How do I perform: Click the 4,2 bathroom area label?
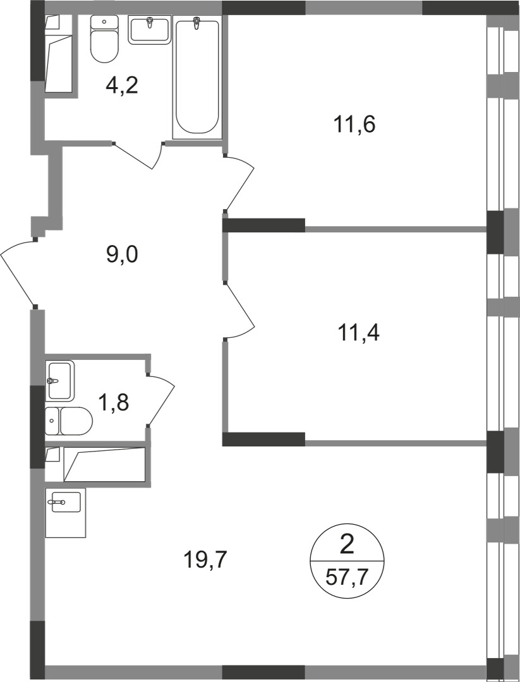coord(121,85)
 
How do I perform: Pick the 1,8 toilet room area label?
coord(114,401)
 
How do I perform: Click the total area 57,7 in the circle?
coord(347,576)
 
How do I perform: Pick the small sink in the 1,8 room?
coord(60,380)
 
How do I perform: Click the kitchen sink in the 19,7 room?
coord(65,503)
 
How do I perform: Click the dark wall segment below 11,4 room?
coord(263,440)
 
